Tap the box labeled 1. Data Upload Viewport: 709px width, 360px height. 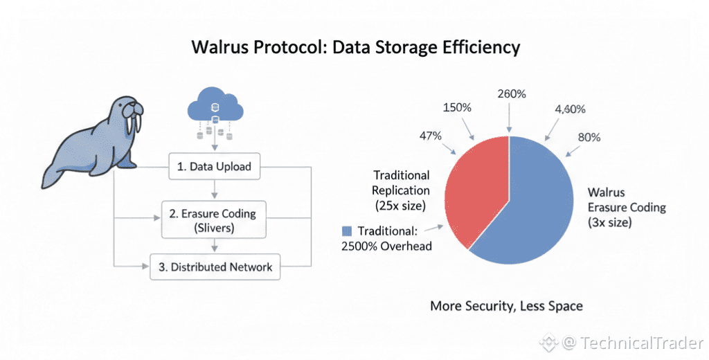(x=215, y=167)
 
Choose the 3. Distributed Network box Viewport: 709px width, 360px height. (x=215, y=267)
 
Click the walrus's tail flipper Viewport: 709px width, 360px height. (x=52, y=177)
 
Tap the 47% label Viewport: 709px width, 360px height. (x=430, y=136)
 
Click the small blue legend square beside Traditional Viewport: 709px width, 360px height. (x=347, y=231)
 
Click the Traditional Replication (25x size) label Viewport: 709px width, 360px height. (x=401, y=190)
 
